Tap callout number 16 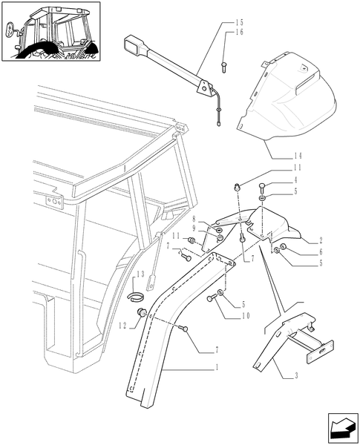239,33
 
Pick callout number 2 320,241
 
